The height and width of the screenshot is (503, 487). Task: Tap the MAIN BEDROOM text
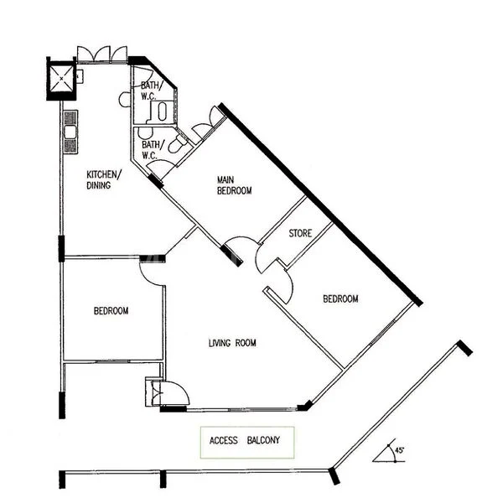[234, 185]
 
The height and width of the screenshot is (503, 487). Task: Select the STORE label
[300, 233]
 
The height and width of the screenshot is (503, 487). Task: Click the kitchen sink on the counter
[70, 134]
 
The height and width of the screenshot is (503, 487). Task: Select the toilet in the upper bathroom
[164, 111]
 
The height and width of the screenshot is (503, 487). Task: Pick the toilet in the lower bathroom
[175, 147]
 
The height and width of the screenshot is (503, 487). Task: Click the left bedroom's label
[111, 311]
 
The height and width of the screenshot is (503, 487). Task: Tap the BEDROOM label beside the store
[341, 299]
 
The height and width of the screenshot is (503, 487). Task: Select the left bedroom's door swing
[154, 269]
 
